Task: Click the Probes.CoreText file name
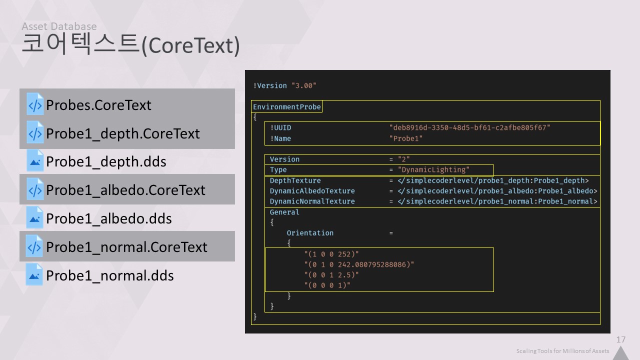pos(98,105)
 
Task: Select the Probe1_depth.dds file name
pos(106,162)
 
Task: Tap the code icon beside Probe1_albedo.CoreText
pos(35,190)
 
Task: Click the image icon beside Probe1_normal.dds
pos(35,275)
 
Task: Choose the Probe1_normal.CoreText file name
pos(126,247)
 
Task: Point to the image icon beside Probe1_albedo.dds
pos(35,218)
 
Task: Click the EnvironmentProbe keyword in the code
pos(286,107)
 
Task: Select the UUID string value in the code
pos(469,128)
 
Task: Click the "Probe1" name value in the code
pos(406,138)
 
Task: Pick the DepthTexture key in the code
pos(295,180)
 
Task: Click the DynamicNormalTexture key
pos(312,201)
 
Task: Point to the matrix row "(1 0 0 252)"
pos(331,253)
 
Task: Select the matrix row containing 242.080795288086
pos(359,264)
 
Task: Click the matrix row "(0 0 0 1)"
pos(327,285)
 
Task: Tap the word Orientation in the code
pos(309,233)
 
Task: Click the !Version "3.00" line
pos(284,85)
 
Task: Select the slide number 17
pos(620,340)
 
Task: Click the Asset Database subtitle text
pos(59,26)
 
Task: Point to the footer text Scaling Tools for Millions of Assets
pos(562,351)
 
